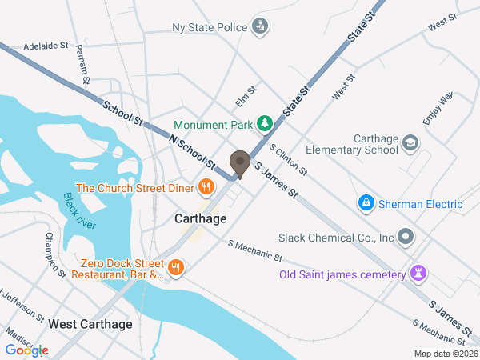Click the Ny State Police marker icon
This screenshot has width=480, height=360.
(x=260, y=27)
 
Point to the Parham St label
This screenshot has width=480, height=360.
(x=82, y=63)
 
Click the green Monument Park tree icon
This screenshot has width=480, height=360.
(x=265, y=124)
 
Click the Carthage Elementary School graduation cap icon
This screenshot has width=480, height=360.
(x=410, y=142)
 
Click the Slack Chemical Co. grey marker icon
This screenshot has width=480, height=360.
(x=406, y=237)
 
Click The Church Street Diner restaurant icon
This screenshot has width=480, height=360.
(x=206, y=188)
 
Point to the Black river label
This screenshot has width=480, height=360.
(x=80, y=210)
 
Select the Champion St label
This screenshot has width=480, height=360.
(x=54, y=254)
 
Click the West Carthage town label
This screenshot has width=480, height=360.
(x=90, y=324)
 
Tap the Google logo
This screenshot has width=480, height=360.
(x=26, y=350)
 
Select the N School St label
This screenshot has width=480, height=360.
(x=192, y=151)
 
